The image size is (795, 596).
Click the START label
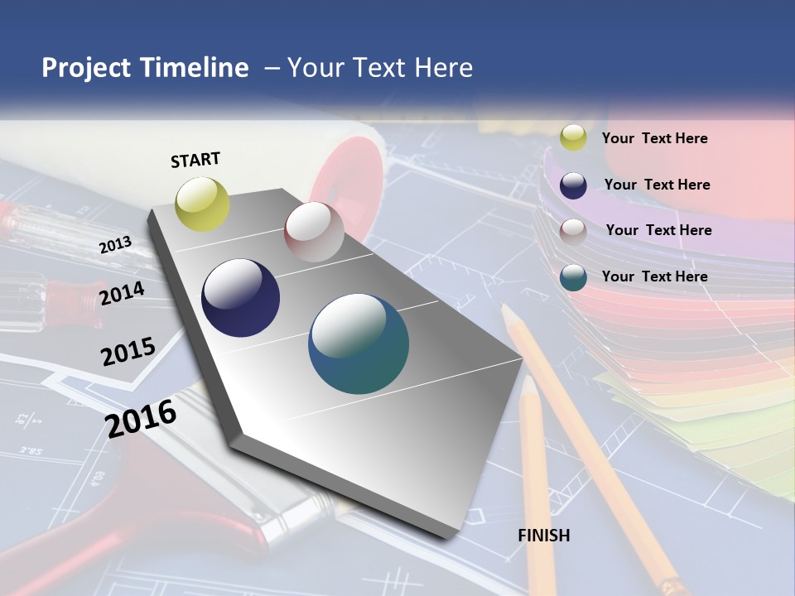click(x=195, y=160)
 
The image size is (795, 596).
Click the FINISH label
click(x=544, y=536)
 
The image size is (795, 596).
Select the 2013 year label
click(x=115, y=244)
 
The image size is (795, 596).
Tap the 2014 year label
click(x=122, y=293)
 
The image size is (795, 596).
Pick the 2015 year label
click(x=128, y=352)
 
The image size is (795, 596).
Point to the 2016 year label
click(x=141, y=418)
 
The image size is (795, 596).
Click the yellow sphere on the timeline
click(x=203, y=204)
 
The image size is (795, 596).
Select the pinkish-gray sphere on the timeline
click(x=314, y=232)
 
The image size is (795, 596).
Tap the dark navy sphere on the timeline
click(x=240, y=298)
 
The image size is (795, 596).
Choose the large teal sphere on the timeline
click(x=359, y=344)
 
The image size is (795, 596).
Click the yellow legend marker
click(x=573, y=138)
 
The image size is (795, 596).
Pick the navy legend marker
click(x=573, y=185)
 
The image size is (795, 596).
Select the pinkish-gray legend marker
click(x=573, y=232)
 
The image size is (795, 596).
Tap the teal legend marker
click(x=573, y=277)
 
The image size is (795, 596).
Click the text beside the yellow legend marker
click(x=654, y=138)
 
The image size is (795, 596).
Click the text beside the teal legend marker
click(x=654, y=276)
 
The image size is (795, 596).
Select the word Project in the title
click(x=84, y=68)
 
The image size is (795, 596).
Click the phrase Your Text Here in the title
click(x=380, y=68)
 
